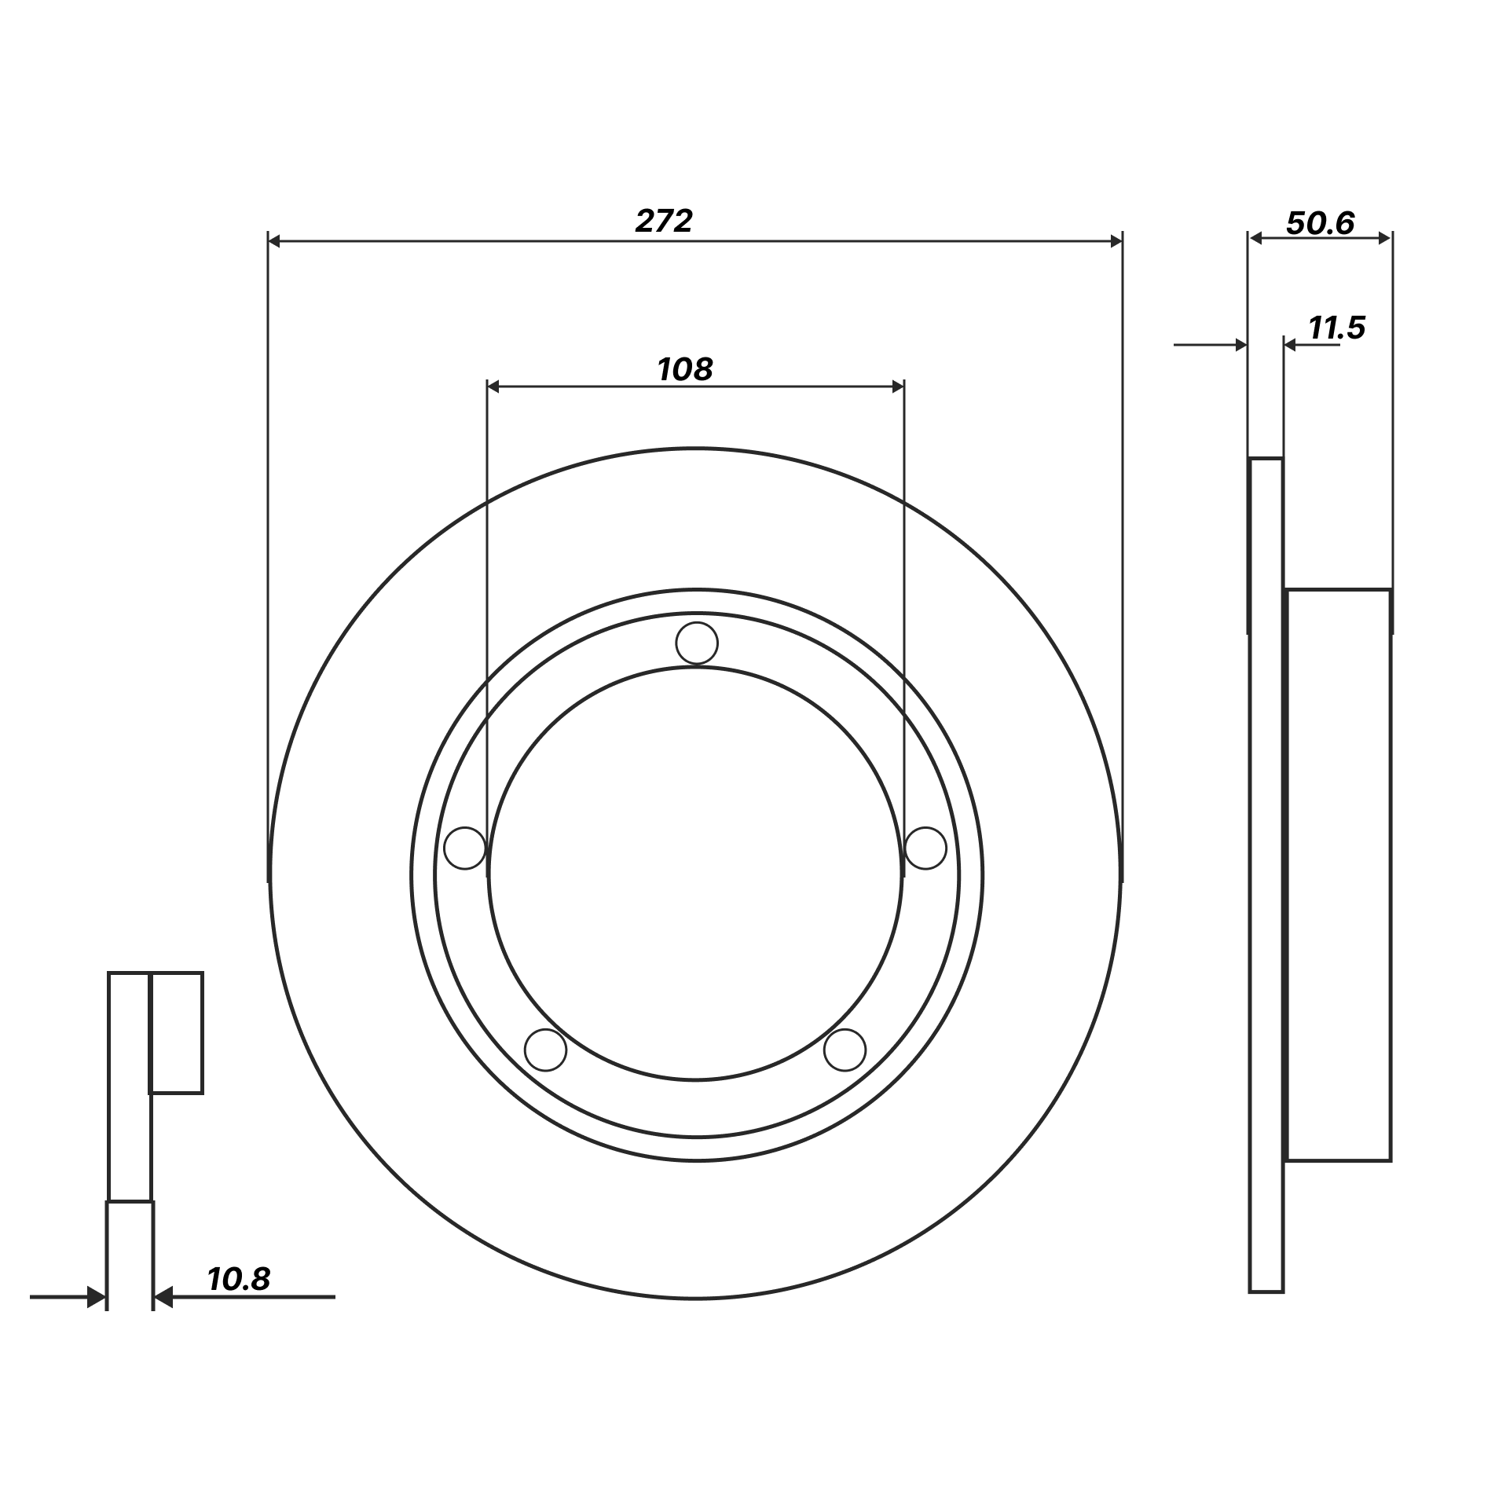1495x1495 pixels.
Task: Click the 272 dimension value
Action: (664, 222)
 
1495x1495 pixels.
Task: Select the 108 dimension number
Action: (685, 369)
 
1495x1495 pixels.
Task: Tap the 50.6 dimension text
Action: (1321, 224)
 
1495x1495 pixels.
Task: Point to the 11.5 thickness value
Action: (1337, 328)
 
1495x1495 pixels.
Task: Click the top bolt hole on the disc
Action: (697, 643)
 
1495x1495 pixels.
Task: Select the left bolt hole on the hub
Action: (465, 848)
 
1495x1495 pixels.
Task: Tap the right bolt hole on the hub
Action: (925, 848)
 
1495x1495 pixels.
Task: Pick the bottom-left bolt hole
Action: (545, 1049)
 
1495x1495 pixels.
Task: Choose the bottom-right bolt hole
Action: (845, 1049)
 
